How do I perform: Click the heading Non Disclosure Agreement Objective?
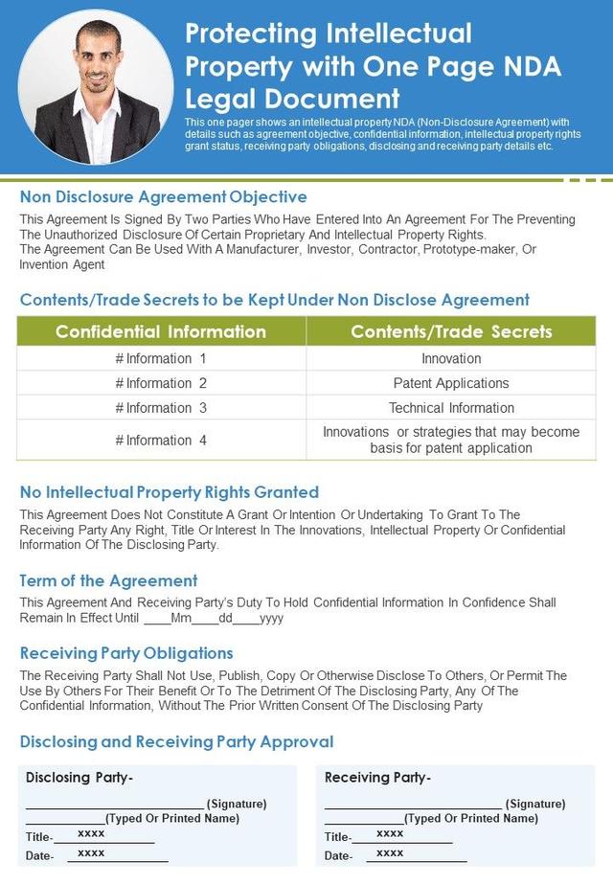click(163, 197)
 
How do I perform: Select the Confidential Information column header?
click(161, 331)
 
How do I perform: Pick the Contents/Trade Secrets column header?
click(451, 331)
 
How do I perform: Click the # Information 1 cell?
click(161, 358)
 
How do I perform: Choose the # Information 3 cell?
click(161, 408)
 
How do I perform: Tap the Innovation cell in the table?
click(451, 358)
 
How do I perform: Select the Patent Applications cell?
click(451, 383)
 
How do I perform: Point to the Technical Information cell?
click(451, 408)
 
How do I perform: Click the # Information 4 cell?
click(161, 441)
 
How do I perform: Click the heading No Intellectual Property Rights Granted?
click(170, 492)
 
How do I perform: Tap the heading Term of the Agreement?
click(108, 580)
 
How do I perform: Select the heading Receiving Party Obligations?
click(126, 653)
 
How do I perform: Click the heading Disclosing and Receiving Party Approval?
click(176, 741)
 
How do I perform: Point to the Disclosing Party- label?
click(79, 778)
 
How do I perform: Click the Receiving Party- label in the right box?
click(378, 778)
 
